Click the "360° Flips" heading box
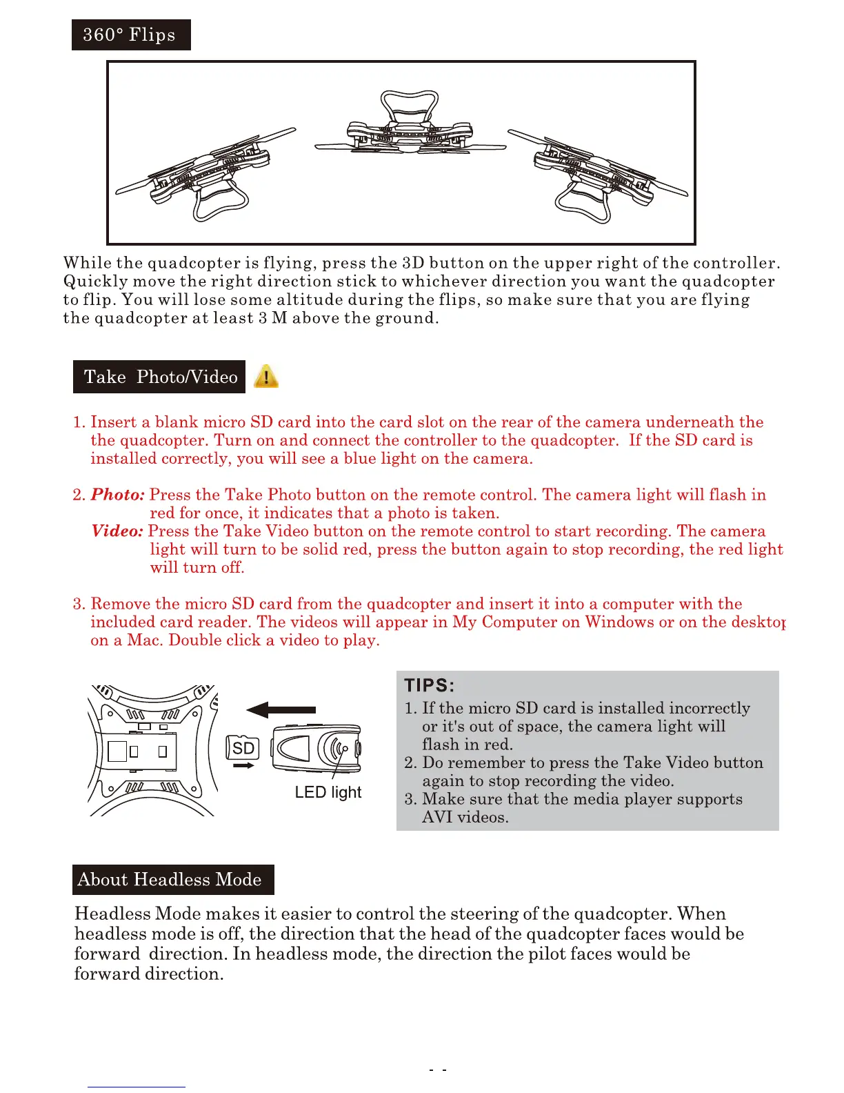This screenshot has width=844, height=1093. pyautogui.click(x=130, y=35)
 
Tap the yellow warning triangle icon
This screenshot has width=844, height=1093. pyautogui.click(x=266, y=377)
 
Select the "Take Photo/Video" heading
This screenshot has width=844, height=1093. pyautogui.click(x=159, y=377)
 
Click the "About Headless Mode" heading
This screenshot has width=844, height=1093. pyautogui.click(x=172, y=879)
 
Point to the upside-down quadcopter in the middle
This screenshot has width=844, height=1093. pyautogui.click(x=410, y=128)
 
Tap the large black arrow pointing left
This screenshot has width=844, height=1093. pyautogui.click(x=281, y=709)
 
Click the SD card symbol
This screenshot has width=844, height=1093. pyautogui.click(x=242, y=748)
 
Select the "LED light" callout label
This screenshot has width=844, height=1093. pyautogui.click(x=328, y=792)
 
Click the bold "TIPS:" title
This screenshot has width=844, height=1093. pyautogui.click(x=429, y=685)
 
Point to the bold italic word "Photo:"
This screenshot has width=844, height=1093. pyautogui.click(x=118, y=495)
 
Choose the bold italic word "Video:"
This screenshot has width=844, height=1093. pyautogui.click(x=117, y=531)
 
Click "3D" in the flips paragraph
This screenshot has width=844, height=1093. pyautogui.click(x=413, y=263)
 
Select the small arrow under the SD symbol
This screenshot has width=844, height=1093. pyautogui.click(x=243, y=765)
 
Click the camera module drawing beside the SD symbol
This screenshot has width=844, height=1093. pyautogui.click(x=316, y=748)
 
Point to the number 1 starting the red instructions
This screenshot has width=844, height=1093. pyautogui.click(x=77, y=422)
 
